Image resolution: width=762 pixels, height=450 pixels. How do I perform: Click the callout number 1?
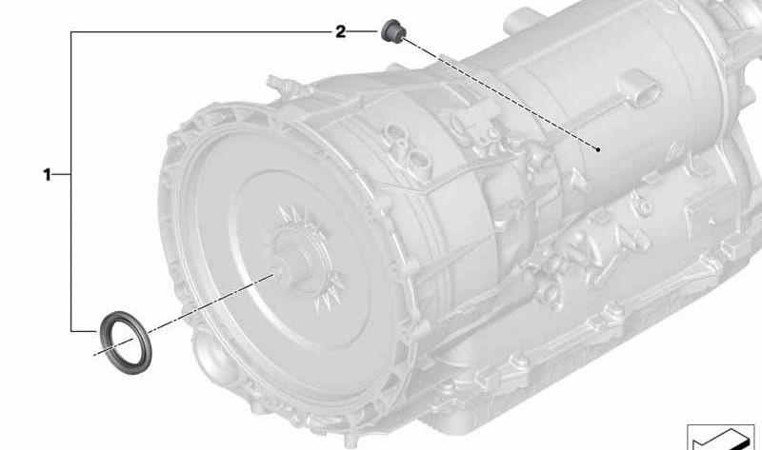point(47,174)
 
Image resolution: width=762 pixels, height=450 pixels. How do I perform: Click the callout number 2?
point(341,32)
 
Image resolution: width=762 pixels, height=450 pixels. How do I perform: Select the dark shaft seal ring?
point(126,342)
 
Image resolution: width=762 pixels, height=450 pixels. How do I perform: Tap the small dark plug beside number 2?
point(392,31)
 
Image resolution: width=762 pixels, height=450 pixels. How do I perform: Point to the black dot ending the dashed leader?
point(598,149)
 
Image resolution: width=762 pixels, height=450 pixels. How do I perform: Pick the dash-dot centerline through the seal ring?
point(184,315)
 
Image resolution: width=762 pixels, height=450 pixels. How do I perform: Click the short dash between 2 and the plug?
point(363,31)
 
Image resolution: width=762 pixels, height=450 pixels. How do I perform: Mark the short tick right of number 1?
point(61,174)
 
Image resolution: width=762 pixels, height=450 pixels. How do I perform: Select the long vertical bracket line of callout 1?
point(70,182)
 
